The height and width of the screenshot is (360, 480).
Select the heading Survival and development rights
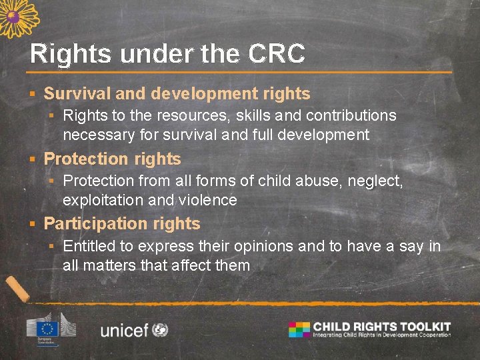tap(177, 94)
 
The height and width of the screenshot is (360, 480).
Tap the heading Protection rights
tap(112, 159)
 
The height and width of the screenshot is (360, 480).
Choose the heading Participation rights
tap(121, 223)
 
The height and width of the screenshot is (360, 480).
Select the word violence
tap(208, 200)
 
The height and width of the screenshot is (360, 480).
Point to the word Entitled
tap(89, 246)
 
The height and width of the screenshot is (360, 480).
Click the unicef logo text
tap(124, 329)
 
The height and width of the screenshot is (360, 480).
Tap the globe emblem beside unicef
tap(160, 329)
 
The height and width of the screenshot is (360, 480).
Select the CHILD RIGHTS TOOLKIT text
tap(382, 327)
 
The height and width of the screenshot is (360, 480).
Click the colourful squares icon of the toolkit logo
tap(299, 329)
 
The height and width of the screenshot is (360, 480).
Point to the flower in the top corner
tap(17, 16)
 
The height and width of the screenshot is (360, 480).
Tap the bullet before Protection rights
tap(31, 159)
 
